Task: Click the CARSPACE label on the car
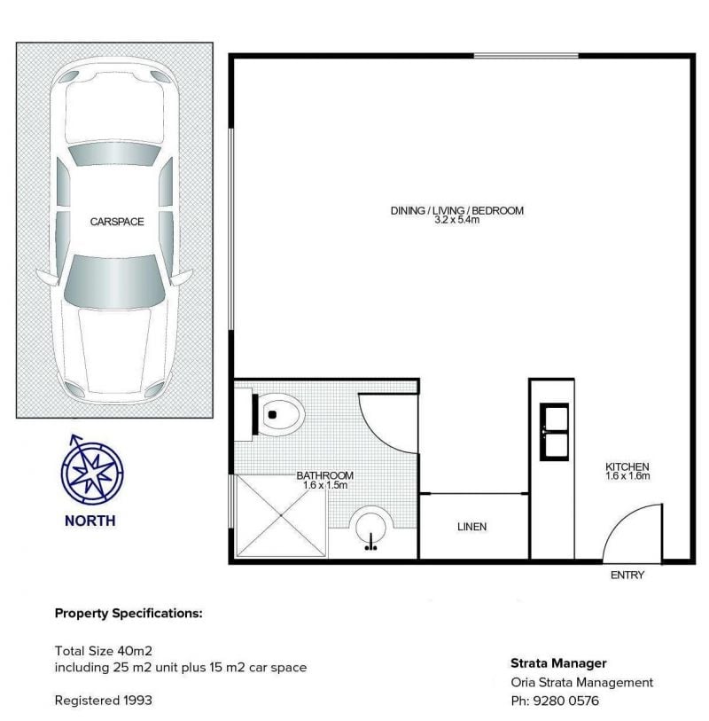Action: [x=117, y=222]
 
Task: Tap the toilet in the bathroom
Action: [x=277, y=414]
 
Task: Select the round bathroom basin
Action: [x=370, y=528]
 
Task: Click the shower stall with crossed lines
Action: [x=281, y=516]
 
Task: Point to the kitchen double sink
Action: [x=554, y=432]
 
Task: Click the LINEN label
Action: [x=471, y=527]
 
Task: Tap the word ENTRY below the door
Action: [x=627, y=575]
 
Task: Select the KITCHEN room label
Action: [x=627, y=466]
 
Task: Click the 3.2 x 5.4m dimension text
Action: [x=457, y=220]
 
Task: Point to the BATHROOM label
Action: [x=325, y=475]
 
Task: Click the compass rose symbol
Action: [x=92, y=470]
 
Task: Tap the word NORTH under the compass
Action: [x=90, y=521]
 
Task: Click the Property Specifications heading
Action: [x=129, y=614]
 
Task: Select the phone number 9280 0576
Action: [x=566, y=701]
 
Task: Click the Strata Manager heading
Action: [x=558, y=663]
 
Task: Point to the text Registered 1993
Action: [x=104, y=701]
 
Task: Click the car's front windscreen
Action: [x=114, y=281]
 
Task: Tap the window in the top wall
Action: [x=526, y=56]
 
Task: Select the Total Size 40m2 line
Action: [x=104, y=651]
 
